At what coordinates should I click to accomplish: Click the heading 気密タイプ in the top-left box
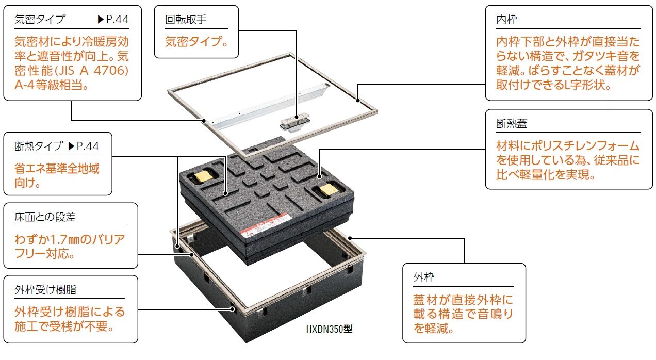click(x=40, y=20)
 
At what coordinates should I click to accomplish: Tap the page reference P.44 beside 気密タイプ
click(x=113, y=20)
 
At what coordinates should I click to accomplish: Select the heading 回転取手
click(x=186, y=20)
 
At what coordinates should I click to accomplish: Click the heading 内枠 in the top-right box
click(x=506, y=20)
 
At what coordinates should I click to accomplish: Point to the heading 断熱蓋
click(x=512, y=124)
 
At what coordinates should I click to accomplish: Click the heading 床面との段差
click(x=45, y=217)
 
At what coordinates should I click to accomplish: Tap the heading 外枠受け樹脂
click(x=45, y=289)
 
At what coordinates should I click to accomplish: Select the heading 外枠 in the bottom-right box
click(x=424, y=277)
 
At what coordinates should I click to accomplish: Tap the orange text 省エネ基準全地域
click(x=57, y=168)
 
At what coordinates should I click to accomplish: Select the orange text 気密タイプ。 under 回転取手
click(x=196, y=41)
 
